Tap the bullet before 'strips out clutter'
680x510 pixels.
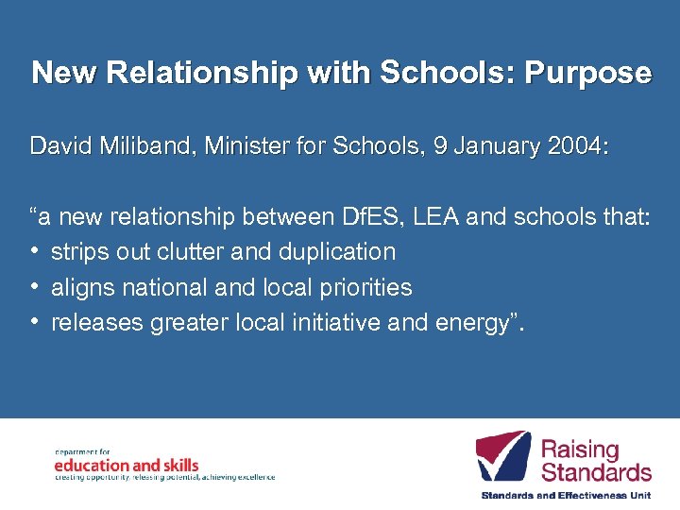pyautogui.click(x=36, y=252)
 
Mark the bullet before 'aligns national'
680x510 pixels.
pyautogui.click(x=36, y=287)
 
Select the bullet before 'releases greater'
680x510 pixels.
pyautogui.click(x=36, y=323)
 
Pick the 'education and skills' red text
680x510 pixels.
pyautogui.click(x=127, y=465)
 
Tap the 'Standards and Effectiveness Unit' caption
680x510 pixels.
pyautogui.click(x=567, y=495)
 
